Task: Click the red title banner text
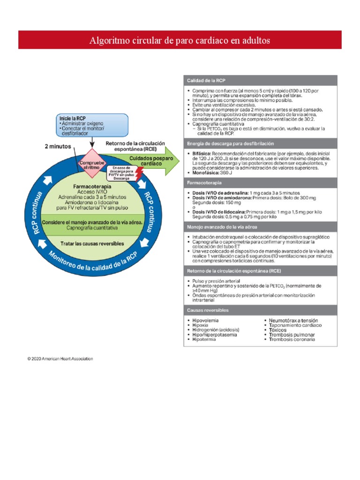(x=180, y=41)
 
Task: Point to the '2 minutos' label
(x=58, y=146)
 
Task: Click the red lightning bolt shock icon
(x=139, y=172)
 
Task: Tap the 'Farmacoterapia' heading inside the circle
(x=92, y=186)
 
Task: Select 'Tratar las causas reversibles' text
(x=92, y=244)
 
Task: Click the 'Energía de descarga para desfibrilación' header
(x=230, y=143)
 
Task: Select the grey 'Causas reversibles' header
(x=208, y=310)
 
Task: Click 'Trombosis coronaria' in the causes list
(x=292, y=339)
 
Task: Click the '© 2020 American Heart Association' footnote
(x=60, y=359)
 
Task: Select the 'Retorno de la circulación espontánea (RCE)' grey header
(x=234, y=271)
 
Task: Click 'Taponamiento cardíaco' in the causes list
(x=295, y=325)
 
